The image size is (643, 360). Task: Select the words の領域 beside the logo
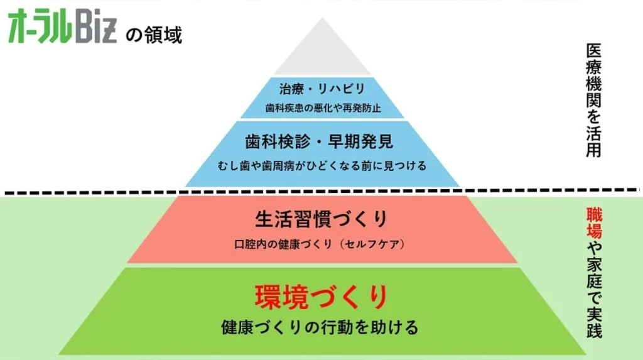point(153,34)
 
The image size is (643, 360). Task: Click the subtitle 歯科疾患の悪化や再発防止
point(321,107)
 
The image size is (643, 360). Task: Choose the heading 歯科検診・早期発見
point(321,141)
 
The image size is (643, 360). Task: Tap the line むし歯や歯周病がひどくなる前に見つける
point(321,166)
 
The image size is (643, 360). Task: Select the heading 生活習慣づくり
point(321,219)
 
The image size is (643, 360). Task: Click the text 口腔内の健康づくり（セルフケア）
point(321,244)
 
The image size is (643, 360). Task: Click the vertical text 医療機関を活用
point(593,101)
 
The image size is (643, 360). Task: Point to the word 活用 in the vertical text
point(593,142)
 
